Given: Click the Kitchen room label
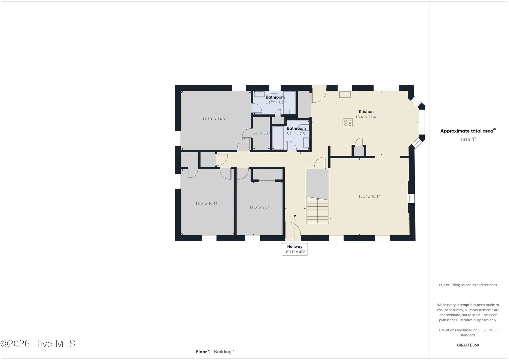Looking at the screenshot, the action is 366,112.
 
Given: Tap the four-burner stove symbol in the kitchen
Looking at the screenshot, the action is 348,123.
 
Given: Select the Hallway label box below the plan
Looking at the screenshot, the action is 295,249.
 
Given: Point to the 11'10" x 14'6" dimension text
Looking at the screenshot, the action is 214,119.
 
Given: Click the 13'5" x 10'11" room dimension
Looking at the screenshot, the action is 207,203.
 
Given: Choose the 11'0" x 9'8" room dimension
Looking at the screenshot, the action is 259,207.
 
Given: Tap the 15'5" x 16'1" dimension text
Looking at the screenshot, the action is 369,196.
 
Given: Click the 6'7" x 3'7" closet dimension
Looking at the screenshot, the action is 261,133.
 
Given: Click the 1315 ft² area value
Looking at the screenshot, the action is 468,139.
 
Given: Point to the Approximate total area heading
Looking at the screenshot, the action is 468,131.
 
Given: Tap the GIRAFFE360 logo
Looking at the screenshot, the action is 468,345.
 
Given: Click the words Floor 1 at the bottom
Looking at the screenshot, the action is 203,352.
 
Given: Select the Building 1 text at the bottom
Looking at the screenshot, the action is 224,352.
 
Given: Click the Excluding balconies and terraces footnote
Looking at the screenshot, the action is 468,285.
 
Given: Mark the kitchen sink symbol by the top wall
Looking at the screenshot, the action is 345,95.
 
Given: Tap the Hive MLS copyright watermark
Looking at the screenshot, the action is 38,344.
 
